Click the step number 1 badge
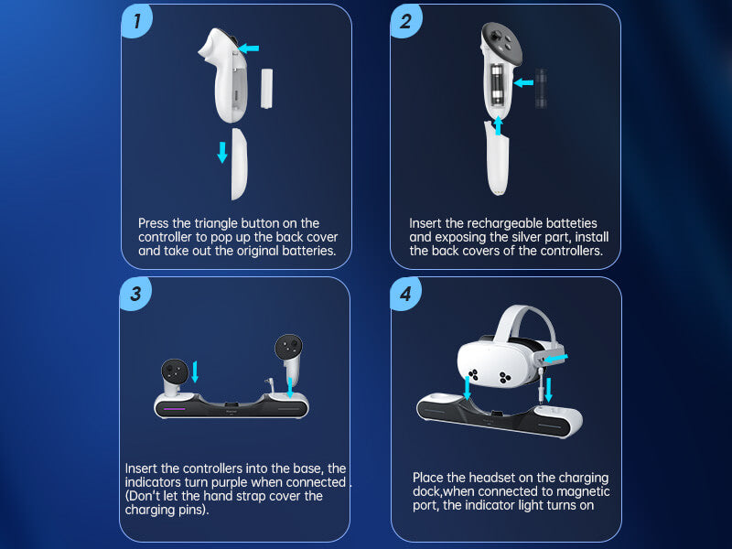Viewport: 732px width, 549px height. tap(136, 21)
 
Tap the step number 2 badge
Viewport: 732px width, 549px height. tap(405, 21)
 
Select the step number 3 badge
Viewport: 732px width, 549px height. tap(135, 294)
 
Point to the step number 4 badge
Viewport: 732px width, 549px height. tap(405, 294)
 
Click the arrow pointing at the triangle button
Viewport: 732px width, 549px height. tap(248, 48)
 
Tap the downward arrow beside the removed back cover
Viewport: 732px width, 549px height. tap(222, 152)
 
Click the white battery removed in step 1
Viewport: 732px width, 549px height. tap(266, 88)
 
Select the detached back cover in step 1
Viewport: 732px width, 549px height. tap(239, 164)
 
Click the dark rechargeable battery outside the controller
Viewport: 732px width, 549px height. tap(541, 89)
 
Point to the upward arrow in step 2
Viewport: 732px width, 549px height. tap(498, 125)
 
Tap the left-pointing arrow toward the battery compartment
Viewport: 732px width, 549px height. tap(523, 82)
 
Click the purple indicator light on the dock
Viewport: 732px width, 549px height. tap(174, 409)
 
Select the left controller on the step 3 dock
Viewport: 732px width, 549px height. tap(175, 378)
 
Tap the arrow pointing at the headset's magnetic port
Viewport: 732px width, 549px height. tap(556, 359)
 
